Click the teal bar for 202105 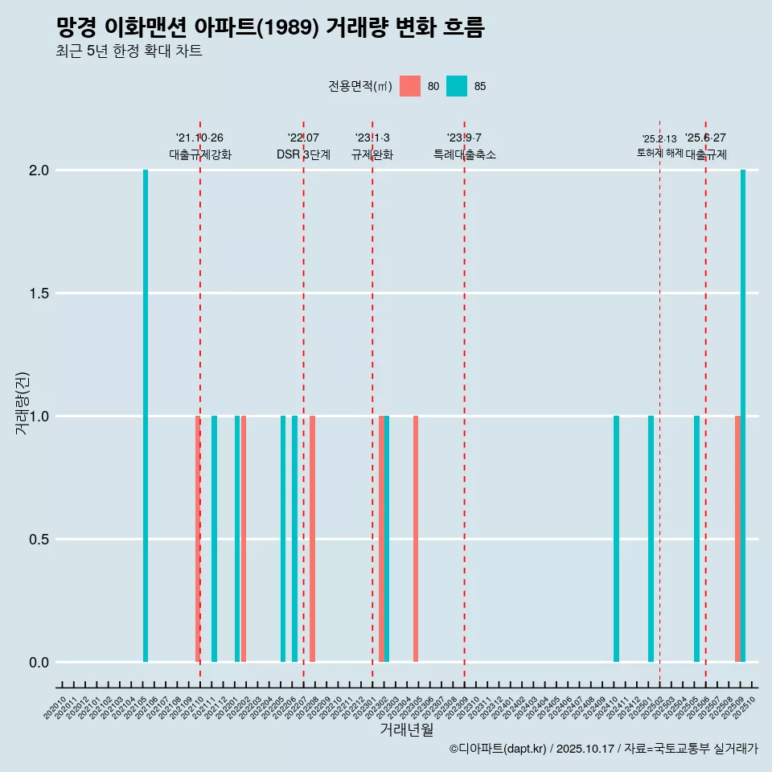(x=146, y=416)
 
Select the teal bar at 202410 (x=616, y=539)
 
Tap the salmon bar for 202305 (x=416, y=539)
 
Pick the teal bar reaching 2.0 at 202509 (x=743, y=416)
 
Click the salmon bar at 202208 (x=312, y=539)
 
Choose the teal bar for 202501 (x=651, y=539)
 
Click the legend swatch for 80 (x=410, y=86)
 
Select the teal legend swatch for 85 (x=457, y=86)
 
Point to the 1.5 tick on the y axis (x=39, y=294)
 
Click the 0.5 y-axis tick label (x=39, y=540)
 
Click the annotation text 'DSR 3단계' (x=303, y=155)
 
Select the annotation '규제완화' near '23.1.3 (x=372, y=155)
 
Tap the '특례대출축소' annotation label (x=464, y=155)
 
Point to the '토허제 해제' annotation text (x=659, y=153)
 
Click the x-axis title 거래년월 (x=406, y=730)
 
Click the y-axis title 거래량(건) (x=23, y=403)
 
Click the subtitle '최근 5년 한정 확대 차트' (x=129, y=51)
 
